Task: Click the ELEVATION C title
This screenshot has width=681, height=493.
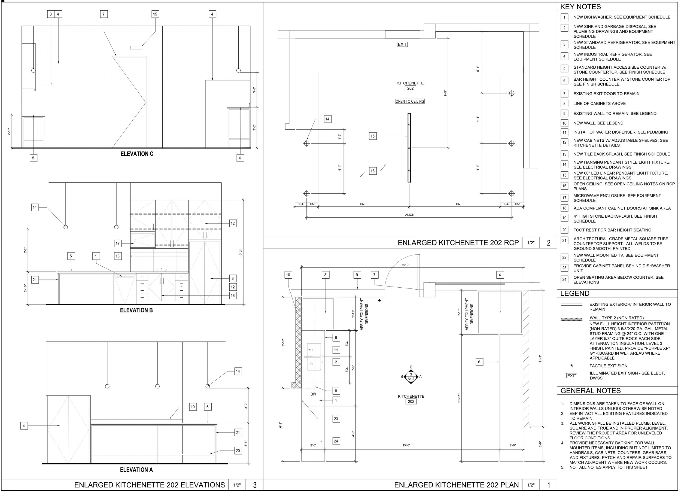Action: [x=137, y=154]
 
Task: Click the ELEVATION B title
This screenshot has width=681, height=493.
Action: [x=136, y=310]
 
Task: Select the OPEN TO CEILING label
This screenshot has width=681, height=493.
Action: [x=410, y=102]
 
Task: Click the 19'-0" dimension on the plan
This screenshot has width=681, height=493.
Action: [x=406, y=265]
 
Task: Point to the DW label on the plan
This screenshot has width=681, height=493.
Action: [x=313, y=394]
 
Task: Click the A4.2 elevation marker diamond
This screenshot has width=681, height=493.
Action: [x=411, y=376]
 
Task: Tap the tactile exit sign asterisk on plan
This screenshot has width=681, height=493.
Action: [x=379, y=301]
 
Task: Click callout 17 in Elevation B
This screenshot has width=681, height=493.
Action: [x=118, y=244]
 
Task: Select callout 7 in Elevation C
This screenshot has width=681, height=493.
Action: [x=104, y=14]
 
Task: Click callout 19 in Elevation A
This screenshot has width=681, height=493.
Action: [x=193, y=407]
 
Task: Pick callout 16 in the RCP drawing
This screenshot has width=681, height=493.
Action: [x=373, y=171]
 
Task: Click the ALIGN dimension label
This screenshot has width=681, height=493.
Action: [x=410, y=215]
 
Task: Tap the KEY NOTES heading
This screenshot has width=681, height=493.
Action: [x=580, y=7]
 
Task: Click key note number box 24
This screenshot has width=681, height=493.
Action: [x=564, y=279]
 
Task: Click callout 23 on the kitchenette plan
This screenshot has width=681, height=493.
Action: [x=336, y=419]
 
